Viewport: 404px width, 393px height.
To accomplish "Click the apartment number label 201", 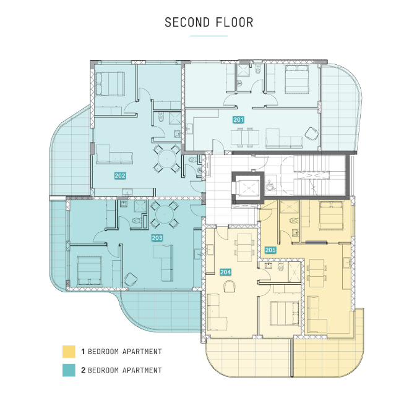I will coord(239,119).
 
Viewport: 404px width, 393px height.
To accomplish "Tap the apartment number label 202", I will coord(120,175).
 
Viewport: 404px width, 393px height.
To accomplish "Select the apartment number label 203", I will coord(157,237).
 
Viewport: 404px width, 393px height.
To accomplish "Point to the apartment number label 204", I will coord(225,271).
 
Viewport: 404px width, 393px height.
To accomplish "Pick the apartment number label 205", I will coord(270,250).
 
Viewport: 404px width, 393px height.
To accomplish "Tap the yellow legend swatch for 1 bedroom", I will coord(68,352).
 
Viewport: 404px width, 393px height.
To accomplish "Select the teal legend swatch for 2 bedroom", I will coord(68,370).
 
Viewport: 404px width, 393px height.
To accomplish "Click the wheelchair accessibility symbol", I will coord(270,184).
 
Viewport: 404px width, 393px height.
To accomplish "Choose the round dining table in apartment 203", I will coord(163,216).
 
